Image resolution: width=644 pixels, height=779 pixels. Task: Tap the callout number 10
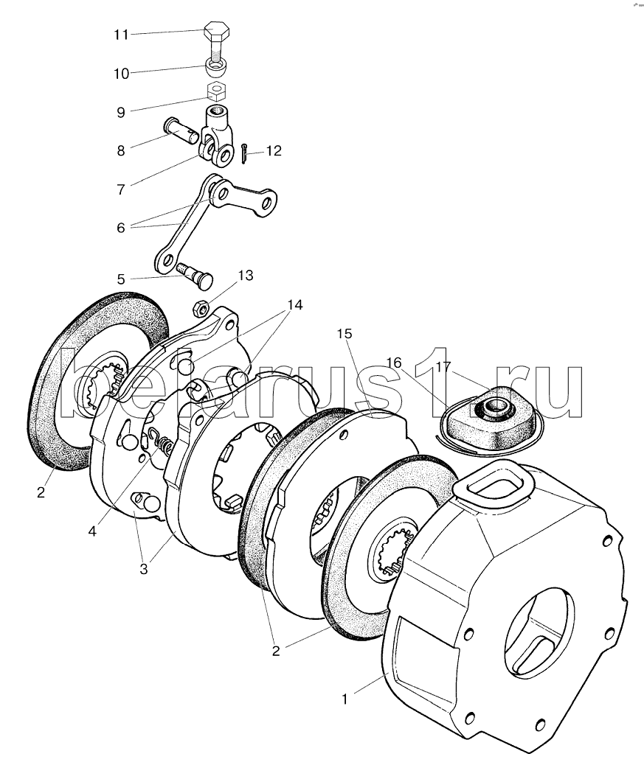[x=122, y=74]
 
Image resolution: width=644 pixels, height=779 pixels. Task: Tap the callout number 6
[x=122, y=228]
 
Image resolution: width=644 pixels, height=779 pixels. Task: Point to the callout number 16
[x=394, y=362]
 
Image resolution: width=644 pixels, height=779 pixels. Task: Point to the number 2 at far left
[x=41, y=492]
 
